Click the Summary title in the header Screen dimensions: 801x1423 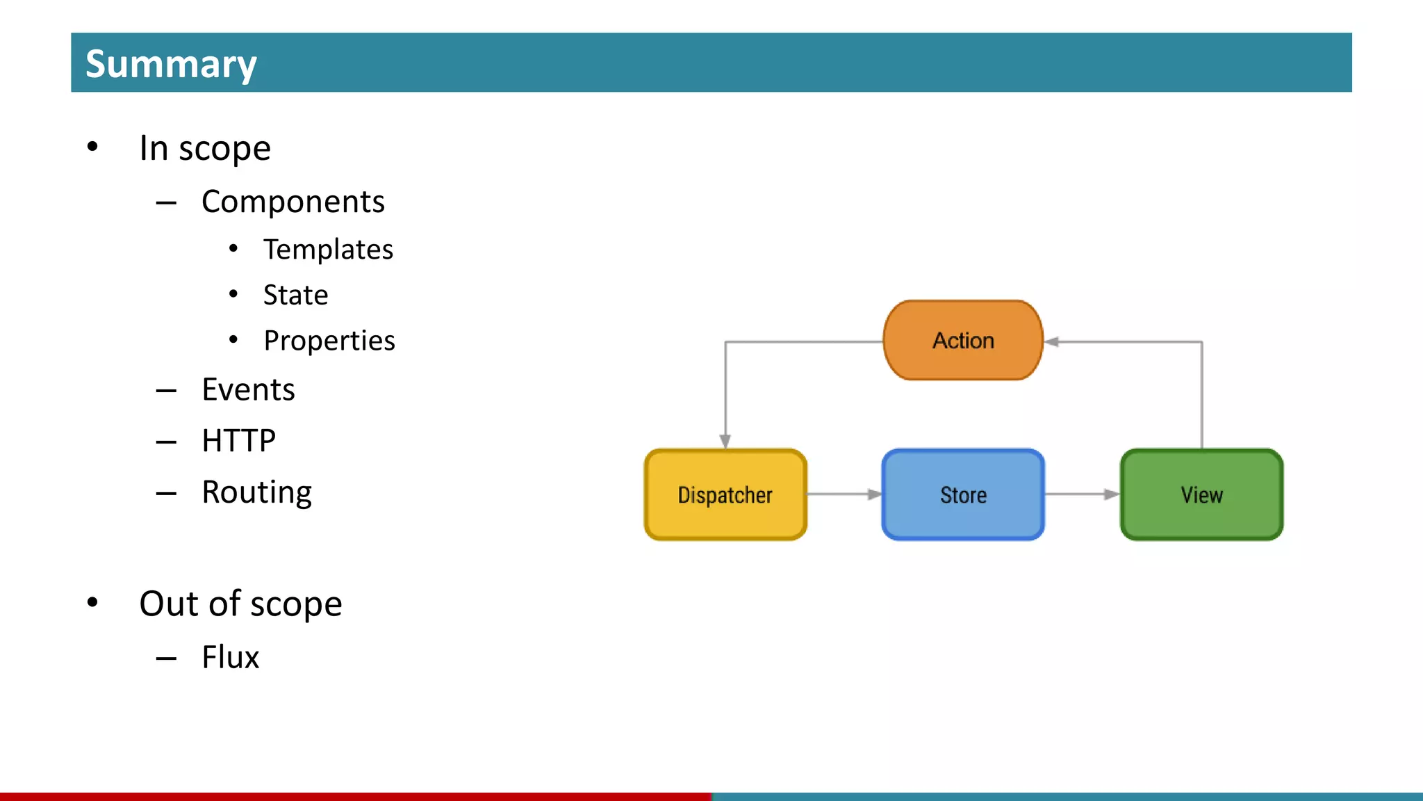171,64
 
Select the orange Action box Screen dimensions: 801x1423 963,341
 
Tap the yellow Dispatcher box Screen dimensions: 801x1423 725,495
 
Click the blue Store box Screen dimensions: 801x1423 963,495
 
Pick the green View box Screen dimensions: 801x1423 1201,495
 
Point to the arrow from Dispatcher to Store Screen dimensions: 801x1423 844,494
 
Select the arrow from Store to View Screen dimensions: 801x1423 1082,494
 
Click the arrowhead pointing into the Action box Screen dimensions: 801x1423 1052,341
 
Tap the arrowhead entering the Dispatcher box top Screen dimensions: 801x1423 725,441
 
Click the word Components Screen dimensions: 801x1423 293,202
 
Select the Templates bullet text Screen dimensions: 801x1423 328,250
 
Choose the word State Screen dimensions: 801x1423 295,295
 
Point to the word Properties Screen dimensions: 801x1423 329,341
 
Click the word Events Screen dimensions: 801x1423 248,389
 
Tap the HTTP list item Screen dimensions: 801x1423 238,441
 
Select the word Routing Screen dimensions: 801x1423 256,492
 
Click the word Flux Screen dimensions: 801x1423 230,657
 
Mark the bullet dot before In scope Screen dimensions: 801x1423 92,147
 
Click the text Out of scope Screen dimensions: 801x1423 240,604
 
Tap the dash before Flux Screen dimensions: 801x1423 166,658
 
